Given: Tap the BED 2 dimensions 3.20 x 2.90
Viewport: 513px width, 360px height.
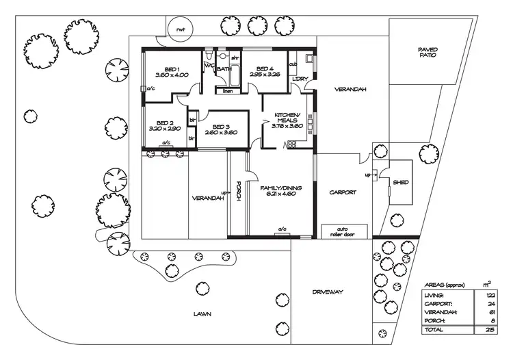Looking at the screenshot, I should pos(164,129).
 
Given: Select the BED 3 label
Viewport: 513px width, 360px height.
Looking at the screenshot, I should pos(220,127).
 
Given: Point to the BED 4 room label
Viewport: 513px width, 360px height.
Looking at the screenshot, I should pos(264,68).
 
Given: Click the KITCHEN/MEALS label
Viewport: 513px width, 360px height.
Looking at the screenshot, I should pos(285,117).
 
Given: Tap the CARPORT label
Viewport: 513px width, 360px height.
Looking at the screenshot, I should pos(342,192).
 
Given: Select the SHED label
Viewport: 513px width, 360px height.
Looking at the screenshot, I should pos(400,182).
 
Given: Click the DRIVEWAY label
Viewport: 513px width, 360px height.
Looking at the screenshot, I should pos(328,292).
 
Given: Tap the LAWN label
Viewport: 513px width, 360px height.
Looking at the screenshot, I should pos(201,314).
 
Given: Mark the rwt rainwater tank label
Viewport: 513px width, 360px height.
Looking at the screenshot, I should pos(181,30).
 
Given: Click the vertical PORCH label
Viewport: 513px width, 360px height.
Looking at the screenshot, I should pos(238,192).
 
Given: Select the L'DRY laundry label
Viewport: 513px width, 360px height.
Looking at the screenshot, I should pos(299,79).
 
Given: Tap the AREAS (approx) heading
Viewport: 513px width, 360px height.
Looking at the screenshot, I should pos(445,283).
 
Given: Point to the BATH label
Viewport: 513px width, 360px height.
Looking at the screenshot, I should pos(224,69).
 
